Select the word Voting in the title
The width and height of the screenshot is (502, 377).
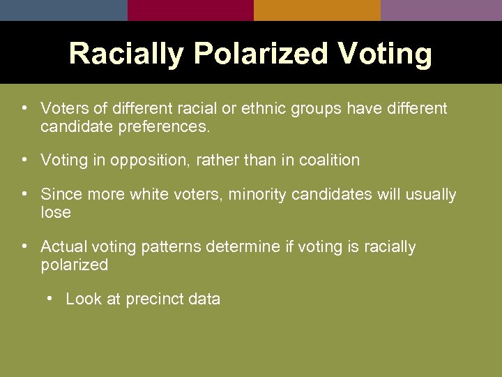(387, 54)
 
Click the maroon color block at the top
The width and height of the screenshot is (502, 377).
(190, 10)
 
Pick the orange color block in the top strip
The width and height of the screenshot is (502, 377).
(317, 10)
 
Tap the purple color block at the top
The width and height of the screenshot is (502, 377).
(441, 10)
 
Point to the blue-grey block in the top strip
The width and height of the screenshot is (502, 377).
(63, 10)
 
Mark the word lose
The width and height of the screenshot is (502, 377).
(56, 212)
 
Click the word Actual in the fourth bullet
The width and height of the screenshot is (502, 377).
(62, 247)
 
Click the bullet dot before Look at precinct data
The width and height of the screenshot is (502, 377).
(50, 299)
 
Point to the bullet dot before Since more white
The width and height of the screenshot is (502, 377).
(24, 193)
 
